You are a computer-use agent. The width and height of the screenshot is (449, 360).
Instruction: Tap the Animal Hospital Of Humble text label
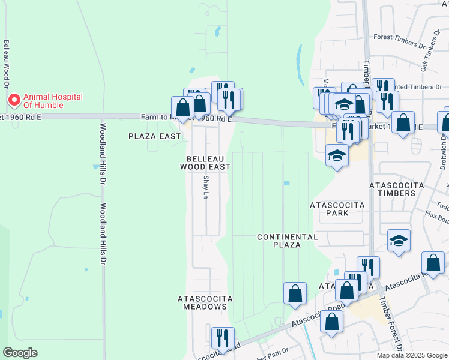click(53, 101)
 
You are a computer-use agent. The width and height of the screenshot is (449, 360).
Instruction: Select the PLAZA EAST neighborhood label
click(155, 136)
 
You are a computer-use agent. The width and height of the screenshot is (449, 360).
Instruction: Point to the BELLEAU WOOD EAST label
click(205, 163)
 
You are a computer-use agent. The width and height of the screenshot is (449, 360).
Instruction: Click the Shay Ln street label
click(206, 187)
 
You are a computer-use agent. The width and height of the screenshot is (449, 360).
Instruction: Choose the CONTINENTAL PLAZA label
click(287, 241)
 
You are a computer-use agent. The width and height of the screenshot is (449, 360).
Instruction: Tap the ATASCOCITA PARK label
click(337, 209)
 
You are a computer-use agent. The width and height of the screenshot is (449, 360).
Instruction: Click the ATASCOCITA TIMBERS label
click(393, 188)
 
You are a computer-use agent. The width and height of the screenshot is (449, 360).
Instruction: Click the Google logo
click(20, 353)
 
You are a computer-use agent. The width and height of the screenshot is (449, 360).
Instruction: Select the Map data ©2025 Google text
click(411, 355)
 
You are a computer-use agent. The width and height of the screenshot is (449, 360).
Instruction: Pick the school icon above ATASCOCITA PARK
click(337, 155)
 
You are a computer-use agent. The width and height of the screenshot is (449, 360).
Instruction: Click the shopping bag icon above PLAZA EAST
click(183, 107)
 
